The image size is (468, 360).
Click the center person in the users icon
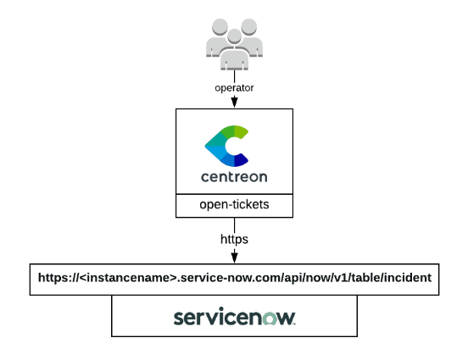pyautogui.click(x=234, y=42)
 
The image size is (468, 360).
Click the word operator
pyautogui.click(x=234, y=86)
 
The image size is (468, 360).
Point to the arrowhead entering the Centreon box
pyautogui.click(x=234, y=102)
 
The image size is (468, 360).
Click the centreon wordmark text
pyautogui.click(x=234, y=177)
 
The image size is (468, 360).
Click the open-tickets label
pyautogui.click(x=234, y=205)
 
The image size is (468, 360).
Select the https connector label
pyautogui.click(x=234, y=240)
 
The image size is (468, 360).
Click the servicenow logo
pyautogui.click(x=234, y=318)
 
